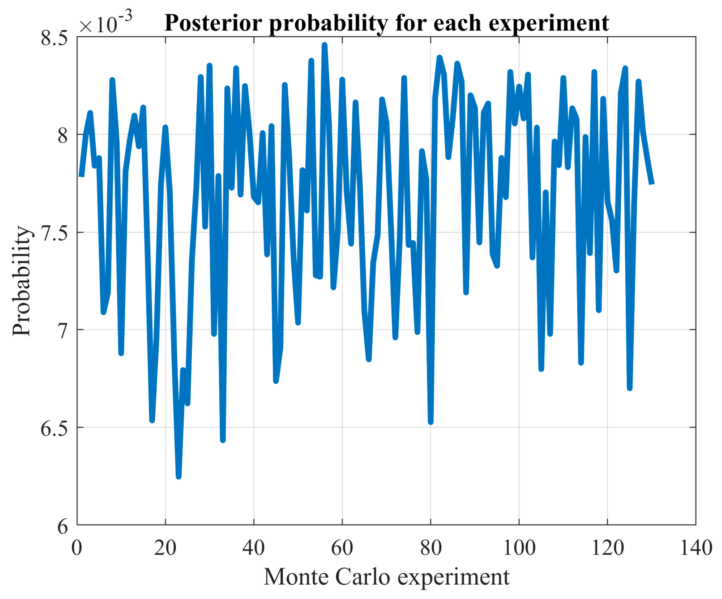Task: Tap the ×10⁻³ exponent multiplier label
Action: click(x=105, y=22)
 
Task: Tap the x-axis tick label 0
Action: click(x=77, y=548)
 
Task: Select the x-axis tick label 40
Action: click(x=253, y=548)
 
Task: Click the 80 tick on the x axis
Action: click(x=430, y=548)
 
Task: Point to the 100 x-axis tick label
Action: click(x=519, y=548)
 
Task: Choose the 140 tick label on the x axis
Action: click(x=696, y=548)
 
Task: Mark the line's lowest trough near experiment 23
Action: click(x=178, y=476)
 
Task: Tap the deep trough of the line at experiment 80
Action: click(x=431, y=422)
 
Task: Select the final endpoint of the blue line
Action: click(x=652, y=183)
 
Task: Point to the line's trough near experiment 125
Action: click(x=630, y=388)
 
